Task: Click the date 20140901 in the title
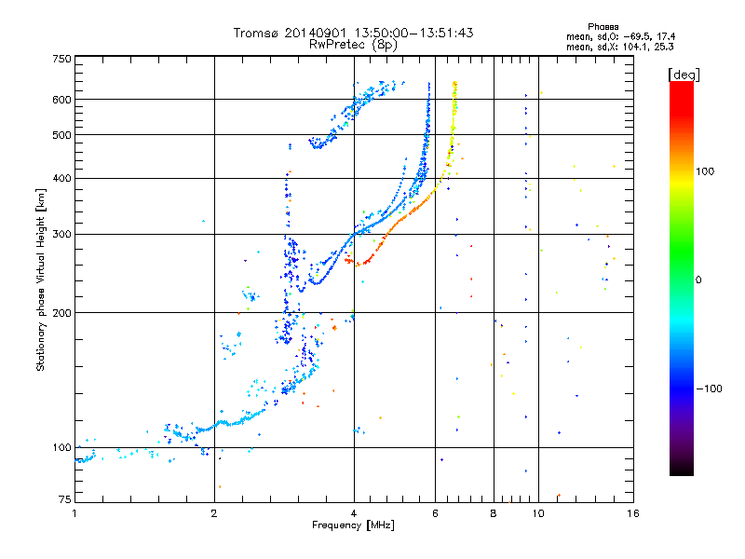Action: (316, 33)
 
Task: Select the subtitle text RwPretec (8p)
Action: (354, 45)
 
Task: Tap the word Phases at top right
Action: (603, 27)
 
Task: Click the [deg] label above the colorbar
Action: (684, 75)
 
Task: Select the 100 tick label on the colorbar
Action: (705, 171)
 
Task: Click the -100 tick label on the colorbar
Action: (709, 389)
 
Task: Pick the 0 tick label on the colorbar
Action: (698, 279)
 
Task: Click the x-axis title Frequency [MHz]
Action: (353, 525)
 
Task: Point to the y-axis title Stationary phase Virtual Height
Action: (40, 280)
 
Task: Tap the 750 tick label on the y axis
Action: (61, 59)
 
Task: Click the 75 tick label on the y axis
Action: (65, 499)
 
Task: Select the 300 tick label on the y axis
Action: (61, 234)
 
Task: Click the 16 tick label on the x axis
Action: (633, 513)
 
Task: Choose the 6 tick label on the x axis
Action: (435, 513)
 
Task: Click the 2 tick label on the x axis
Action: (214, 513)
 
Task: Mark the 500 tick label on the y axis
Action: (61, 134)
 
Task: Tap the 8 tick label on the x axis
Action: (494, 513)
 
